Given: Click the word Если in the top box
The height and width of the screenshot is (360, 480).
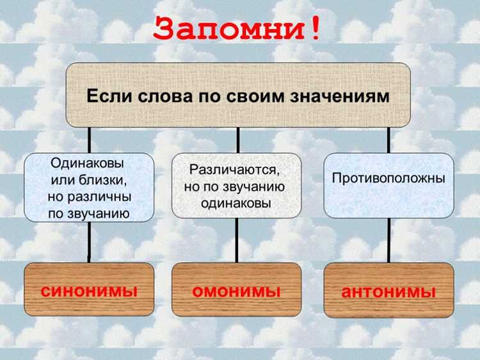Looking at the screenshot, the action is click(x=109, y=96).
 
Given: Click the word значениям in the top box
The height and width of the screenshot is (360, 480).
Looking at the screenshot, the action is click(x=340, y=97).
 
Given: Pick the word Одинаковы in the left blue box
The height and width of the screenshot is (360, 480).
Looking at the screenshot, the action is click(x=87, y=163).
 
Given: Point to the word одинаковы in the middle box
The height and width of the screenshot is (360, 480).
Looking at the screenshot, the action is click(x=236, y=203).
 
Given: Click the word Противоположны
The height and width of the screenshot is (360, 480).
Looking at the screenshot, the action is click(x=388, y=178).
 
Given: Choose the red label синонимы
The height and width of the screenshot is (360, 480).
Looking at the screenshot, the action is click(x=89, y=291).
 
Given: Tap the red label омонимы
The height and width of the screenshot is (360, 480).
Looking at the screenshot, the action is click(x=236, y=291).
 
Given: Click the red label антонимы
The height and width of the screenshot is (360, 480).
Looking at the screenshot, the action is click(x=388, y=292).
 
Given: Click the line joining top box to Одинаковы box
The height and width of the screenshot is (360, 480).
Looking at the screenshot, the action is click(x=89, y=140).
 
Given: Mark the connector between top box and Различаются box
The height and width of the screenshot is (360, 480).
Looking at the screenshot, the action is click(x=238, y=140).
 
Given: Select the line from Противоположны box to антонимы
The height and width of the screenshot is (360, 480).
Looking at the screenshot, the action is click(x=388, y=240).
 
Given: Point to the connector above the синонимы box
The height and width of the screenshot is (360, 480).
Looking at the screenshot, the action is click(x=89, y=242).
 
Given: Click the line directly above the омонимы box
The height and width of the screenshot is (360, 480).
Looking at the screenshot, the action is click(x=237, y=240).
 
